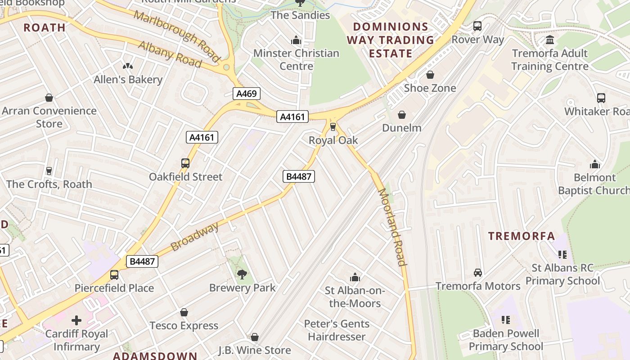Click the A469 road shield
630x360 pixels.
247,94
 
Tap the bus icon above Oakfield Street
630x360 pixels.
185,163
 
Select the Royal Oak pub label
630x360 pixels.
333,140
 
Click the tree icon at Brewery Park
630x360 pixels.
242,274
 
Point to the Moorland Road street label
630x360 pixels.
392,227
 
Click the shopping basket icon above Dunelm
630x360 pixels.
402,115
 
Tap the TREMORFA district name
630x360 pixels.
522,236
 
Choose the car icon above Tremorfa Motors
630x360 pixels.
478,273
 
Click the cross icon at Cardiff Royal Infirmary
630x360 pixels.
76,320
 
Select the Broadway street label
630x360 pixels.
194,236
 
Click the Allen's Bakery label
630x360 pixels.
128,80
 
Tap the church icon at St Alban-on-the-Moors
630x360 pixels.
355,277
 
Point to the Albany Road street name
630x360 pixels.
170,54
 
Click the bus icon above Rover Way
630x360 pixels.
477,26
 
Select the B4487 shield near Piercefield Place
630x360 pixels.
142,261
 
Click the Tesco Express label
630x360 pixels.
184,325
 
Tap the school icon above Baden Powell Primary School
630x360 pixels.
506,320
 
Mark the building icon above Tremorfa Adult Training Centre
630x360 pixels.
549,40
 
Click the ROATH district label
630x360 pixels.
45,27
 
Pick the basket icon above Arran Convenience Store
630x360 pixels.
49,98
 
